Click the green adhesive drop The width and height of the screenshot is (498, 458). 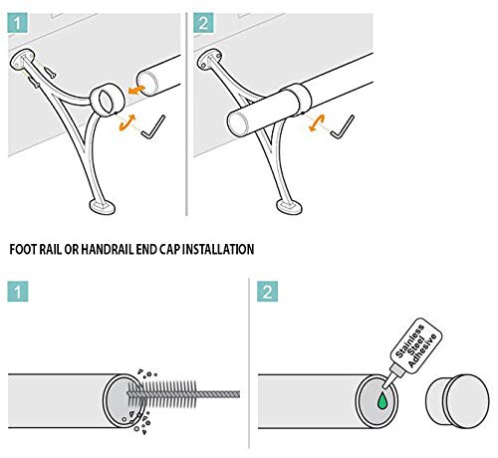(382, 401)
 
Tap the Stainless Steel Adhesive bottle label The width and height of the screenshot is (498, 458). (416, 345)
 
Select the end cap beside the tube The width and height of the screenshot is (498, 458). (457, 400)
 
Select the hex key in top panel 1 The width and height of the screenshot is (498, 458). (153, 126)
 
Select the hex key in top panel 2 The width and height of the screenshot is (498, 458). (343, 127)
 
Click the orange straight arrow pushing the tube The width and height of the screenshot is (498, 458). (136, 90)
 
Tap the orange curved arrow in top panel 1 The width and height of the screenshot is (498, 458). (127, 121)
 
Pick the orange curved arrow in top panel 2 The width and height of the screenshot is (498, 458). (317, 122)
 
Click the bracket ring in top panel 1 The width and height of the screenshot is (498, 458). (107, 101)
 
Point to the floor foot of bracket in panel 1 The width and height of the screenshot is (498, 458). (102, 207)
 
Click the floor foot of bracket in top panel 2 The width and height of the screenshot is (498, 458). (289, 207)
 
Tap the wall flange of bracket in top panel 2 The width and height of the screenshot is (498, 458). (208, 60)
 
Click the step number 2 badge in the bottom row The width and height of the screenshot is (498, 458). (267, 292)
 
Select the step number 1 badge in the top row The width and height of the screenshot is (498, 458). (17, 23)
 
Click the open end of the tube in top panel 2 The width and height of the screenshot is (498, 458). (238, 124)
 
